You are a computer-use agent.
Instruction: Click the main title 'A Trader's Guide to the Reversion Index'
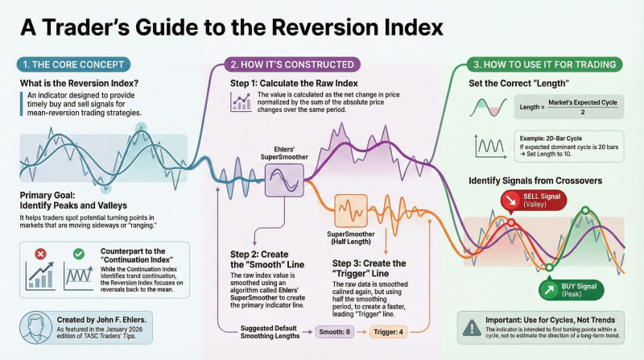[x=231, y=26]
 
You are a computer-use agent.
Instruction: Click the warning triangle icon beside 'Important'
[x=470, y=327]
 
